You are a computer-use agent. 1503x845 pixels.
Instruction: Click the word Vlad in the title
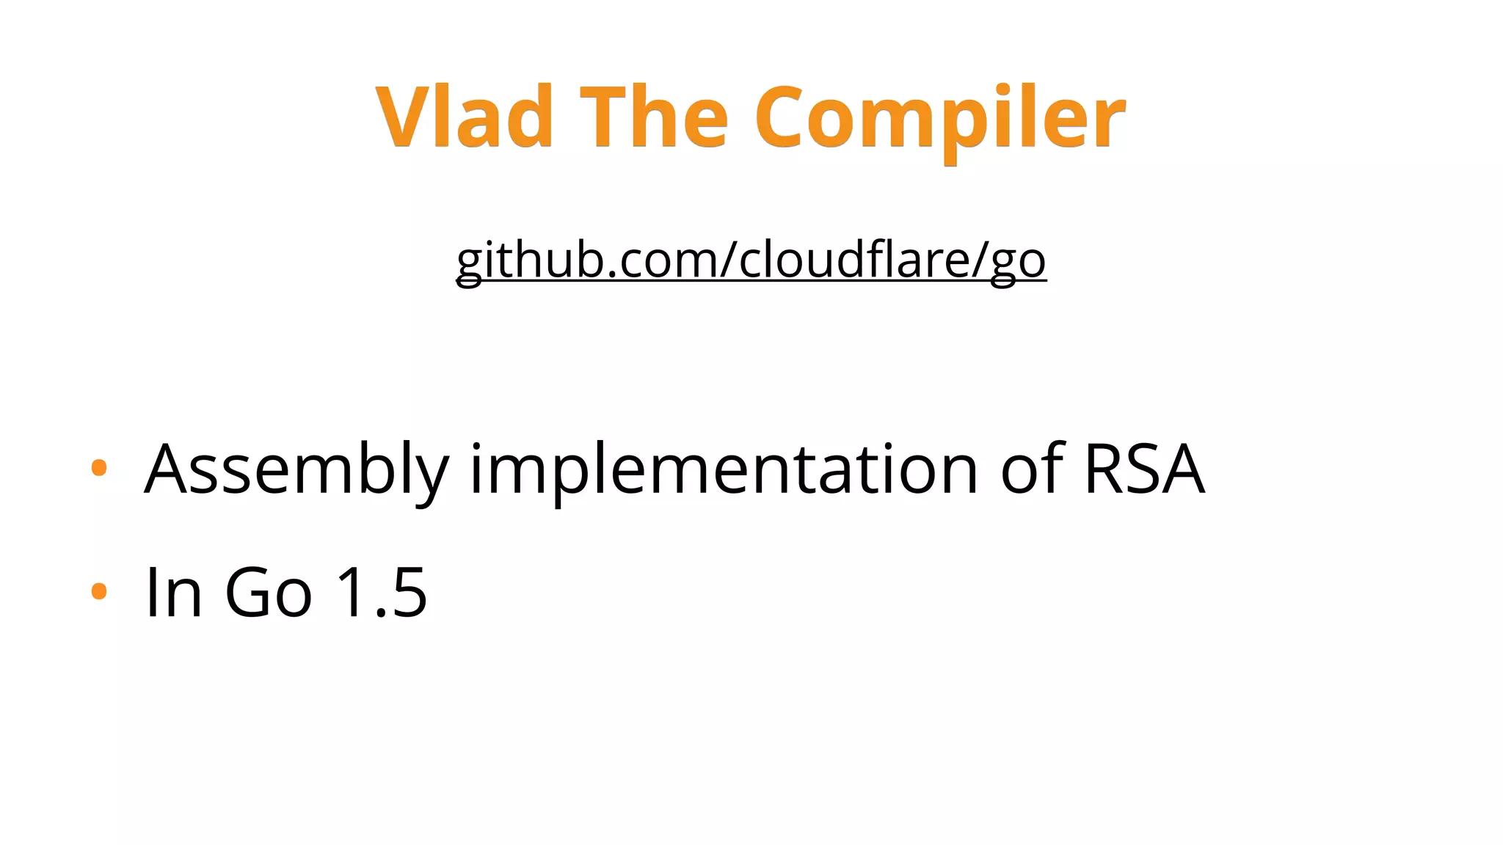pos(464,117)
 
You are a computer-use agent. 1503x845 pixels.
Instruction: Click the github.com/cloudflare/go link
pos(751,260)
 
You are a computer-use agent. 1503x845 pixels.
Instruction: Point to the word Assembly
pos(296,469)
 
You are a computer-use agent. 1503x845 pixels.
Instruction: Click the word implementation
pos(724,469)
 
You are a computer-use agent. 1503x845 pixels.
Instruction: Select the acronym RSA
pos(1143,469)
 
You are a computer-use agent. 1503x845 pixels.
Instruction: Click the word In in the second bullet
pos(173,593)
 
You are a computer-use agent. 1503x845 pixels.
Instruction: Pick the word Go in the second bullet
pos(268,593)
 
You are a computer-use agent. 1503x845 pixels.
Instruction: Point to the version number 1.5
pos(381,593)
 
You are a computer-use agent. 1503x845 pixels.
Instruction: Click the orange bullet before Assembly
pos(99,468)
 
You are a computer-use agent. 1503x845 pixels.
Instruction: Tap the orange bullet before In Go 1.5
pos(99,590)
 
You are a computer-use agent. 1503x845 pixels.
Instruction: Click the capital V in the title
pos(402,117)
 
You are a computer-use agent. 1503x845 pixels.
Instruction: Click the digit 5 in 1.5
pos(407,593)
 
